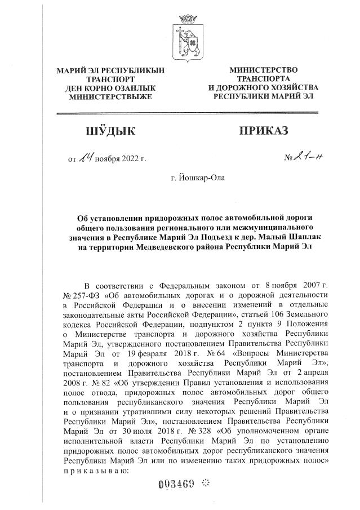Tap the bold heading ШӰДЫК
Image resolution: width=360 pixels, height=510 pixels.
point(110,131)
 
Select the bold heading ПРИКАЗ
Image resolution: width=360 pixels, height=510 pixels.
point(263,131)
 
